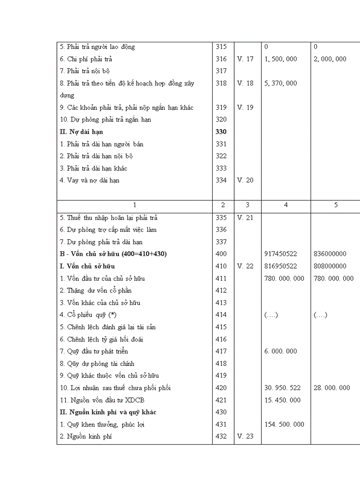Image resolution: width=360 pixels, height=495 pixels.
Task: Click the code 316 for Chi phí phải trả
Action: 221,59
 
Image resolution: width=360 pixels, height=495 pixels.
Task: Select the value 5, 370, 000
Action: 281,83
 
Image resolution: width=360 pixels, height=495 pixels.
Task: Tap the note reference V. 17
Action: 245,59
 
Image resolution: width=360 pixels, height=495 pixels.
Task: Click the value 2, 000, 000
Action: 330,59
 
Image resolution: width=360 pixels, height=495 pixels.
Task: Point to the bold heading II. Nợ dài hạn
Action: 82,132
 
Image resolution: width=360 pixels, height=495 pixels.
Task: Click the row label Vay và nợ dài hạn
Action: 93,180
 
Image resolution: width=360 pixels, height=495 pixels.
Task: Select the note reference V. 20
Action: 245,180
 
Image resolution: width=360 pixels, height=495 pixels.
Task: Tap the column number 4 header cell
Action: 286,205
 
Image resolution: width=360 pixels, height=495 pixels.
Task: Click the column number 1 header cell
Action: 135,205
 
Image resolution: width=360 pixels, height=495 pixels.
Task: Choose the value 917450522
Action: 281,254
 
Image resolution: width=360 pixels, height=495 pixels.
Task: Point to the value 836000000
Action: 330,254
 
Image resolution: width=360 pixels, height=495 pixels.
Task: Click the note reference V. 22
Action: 245,266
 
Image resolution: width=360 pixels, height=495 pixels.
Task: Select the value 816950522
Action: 281,266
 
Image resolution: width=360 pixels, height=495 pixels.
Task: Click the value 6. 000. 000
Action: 281,351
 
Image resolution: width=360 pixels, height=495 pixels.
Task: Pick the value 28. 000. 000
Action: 332,388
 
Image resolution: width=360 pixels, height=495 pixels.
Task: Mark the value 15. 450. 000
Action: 282,400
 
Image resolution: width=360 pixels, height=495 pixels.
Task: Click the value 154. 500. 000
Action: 284,424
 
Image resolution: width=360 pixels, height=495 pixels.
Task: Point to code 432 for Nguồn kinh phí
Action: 221,436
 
